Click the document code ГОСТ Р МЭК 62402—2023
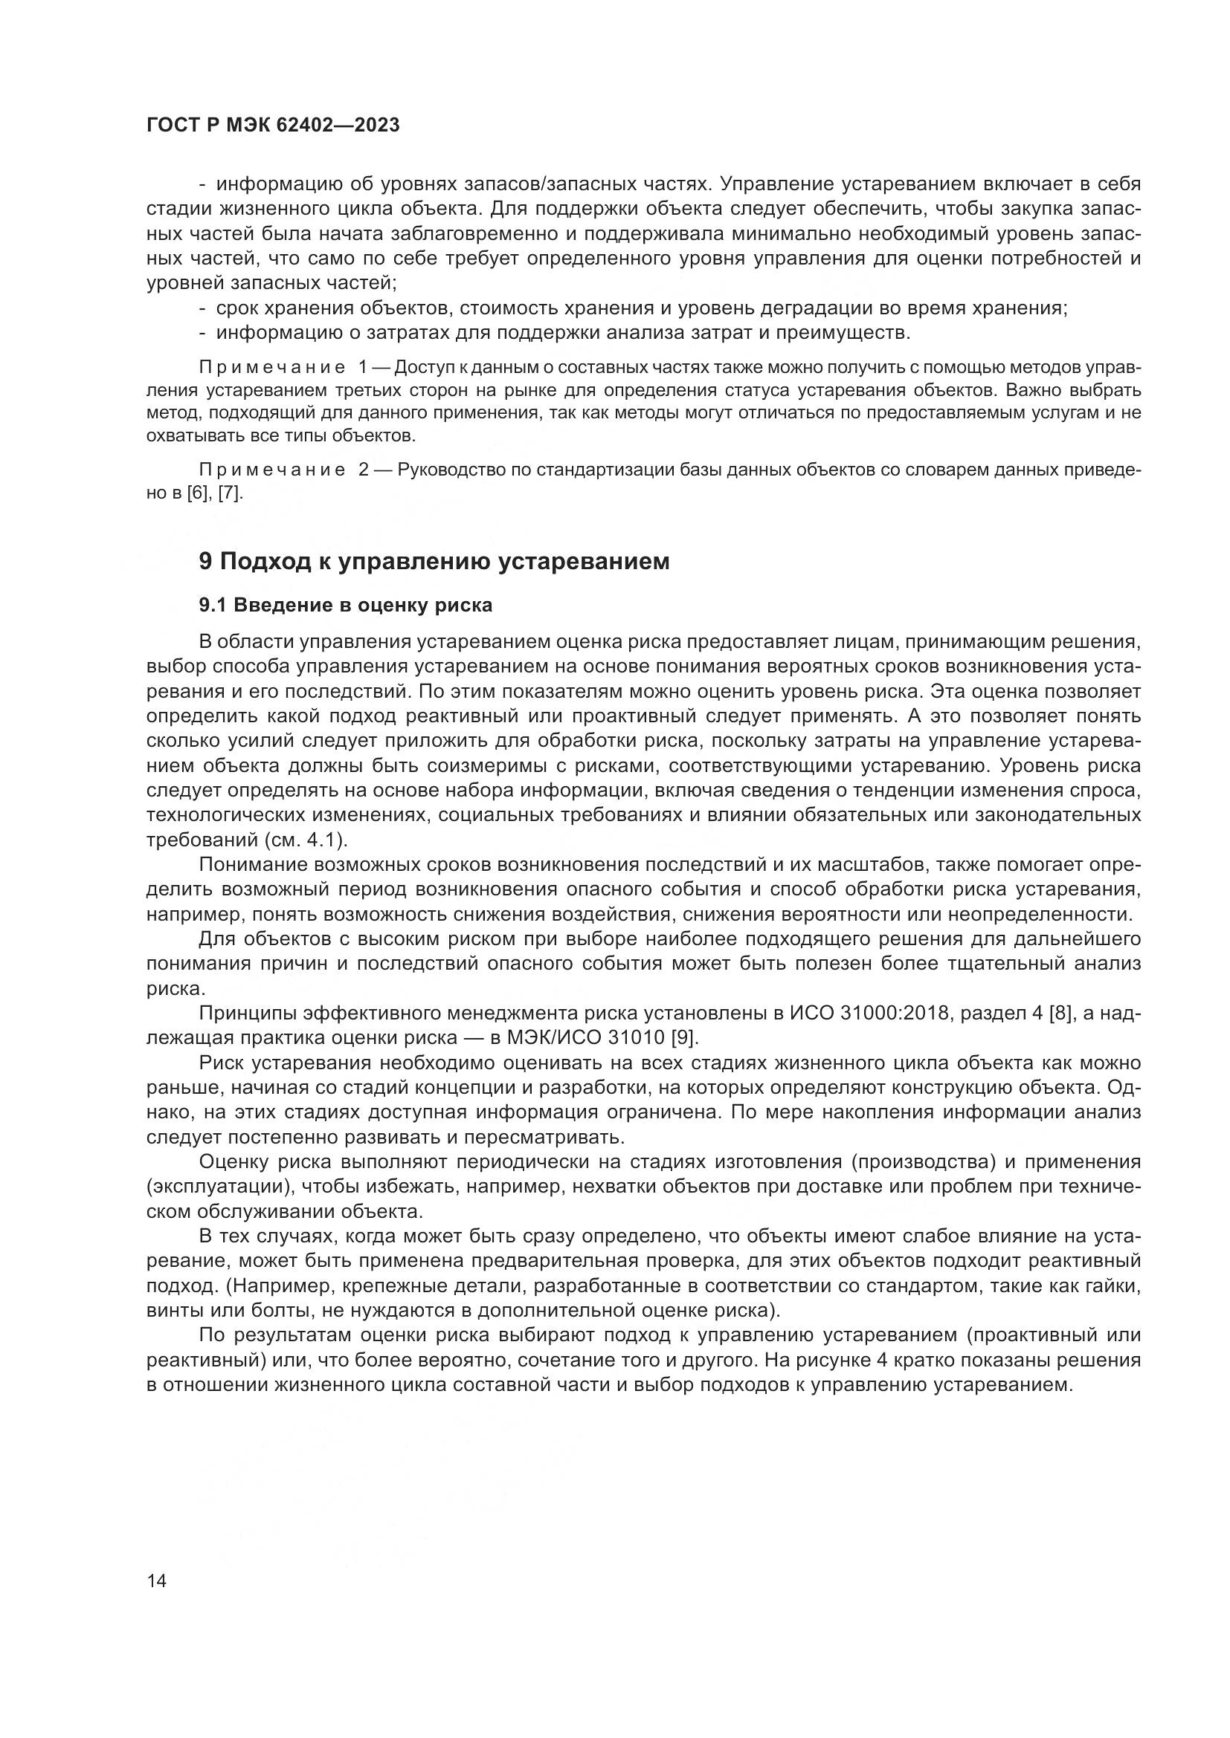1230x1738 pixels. (x=273, y=125)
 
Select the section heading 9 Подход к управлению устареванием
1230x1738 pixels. (x=434, y=561)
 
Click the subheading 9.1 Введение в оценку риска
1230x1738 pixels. (x=345, y=605)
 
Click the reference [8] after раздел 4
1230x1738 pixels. (x=1061, y=1013)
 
